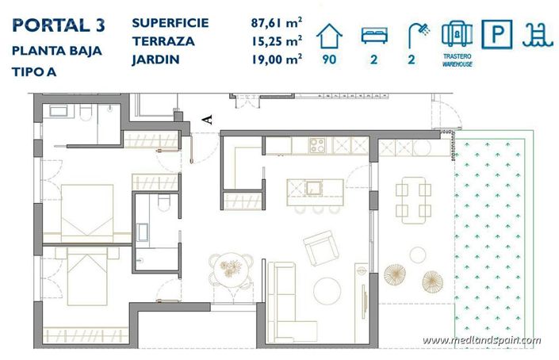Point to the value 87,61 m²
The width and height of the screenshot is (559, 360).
tap(278, 23)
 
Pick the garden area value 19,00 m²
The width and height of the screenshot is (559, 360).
tap(278, 58)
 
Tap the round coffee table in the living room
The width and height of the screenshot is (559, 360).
tap(327, 289)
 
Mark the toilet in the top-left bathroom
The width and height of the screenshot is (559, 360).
tap(83, 117)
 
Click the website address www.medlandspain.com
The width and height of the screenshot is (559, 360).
tap(482, 340)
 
